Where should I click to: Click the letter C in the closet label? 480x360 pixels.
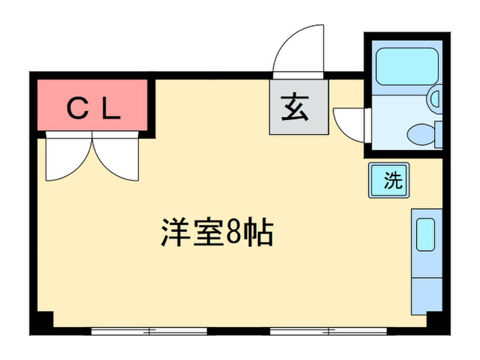tap(76, 107)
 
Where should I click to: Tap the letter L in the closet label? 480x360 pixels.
tap(112, 107)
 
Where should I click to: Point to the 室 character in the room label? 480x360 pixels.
tap(210, 234)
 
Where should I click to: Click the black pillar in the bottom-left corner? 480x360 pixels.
tap(43, 320)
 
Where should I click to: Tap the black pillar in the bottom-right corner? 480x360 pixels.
tap(435, 320)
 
